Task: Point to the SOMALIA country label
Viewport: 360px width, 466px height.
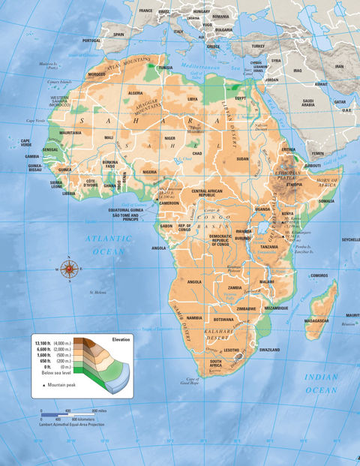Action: pyautogui.click(x=326, y=200)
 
